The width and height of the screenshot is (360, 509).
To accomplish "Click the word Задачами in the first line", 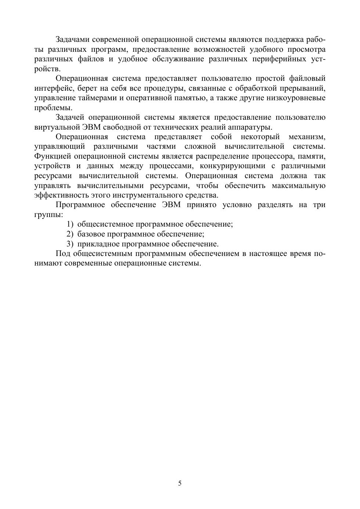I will pyautogui.click(x=72, y=39).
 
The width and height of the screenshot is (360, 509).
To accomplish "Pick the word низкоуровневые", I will pyautogui.click(x=296, y=98).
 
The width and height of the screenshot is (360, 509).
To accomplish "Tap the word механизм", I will pyautogui.click(x=307, y=137).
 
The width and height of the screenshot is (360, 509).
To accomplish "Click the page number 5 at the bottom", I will pyautogui.click(x=180, y=483).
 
